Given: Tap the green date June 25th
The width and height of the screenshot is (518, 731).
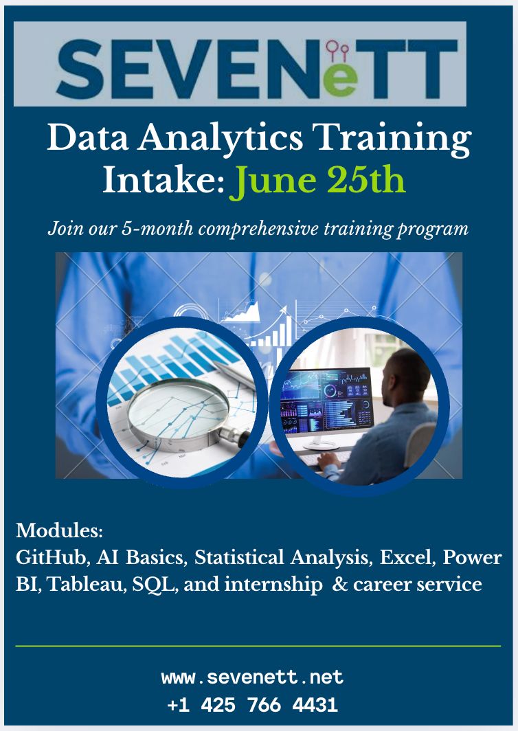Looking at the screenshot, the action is (x=317, y=181).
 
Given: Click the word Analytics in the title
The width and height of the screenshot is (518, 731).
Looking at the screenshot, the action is (x=220, y=139).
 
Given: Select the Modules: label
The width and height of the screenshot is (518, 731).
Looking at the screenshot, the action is (x=59, y=530).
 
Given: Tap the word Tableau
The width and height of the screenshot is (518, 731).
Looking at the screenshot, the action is (x=87, y=584).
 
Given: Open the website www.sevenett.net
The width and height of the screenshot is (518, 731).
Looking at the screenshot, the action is (x=252, y=677).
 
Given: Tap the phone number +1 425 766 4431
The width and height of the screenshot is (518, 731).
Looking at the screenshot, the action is (x=252, y=705).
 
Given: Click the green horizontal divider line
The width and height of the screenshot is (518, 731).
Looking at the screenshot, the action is (x=258, y=646).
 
